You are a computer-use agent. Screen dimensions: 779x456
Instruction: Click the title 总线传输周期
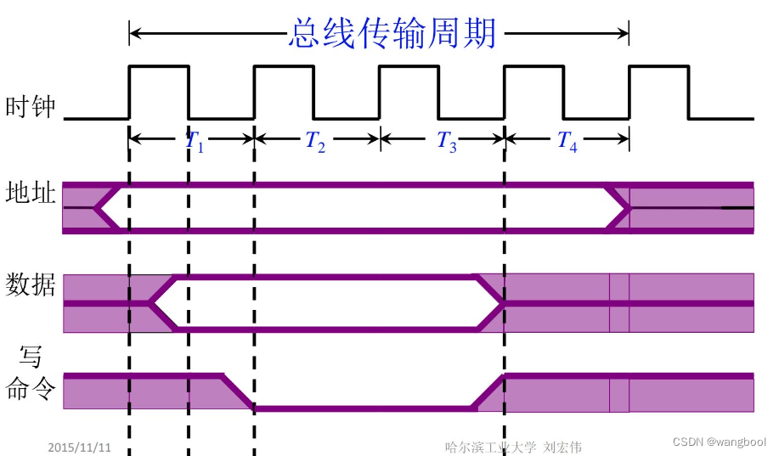[392, 35]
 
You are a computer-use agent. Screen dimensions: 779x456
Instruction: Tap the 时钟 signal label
[31, 108]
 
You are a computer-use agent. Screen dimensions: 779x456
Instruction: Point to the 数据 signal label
[31, 285]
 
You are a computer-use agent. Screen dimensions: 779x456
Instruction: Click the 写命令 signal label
[31, 374]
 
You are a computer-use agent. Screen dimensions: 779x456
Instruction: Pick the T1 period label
[195, 142]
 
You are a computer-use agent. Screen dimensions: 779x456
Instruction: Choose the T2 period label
[315, 142]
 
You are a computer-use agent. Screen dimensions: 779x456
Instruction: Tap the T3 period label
[447, 142]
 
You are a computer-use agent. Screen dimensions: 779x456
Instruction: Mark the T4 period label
[567, 142]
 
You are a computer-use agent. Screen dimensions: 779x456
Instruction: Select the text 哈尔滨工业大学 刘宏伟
[514, 447]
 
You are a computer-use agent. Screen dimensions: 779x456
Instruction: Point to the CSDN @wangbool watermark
[719, 442]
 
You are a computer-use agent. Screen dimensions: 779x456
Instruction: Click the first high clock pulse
[158, 66]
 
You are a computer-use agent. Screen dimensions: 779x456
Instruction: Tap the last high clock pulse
[658, 66]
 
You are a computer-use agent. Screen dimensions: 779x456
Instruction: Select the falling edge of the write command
[238, 391]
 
